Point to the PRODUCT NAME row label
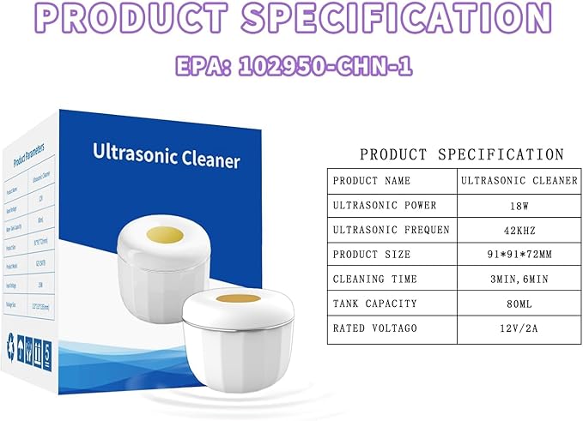pyautogui.click(x=372, y=181)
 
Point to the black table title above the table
pyautogui.click(x=462, y=155)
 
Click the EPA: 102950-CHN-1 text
pyautogui.click(x=290, y=66)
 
